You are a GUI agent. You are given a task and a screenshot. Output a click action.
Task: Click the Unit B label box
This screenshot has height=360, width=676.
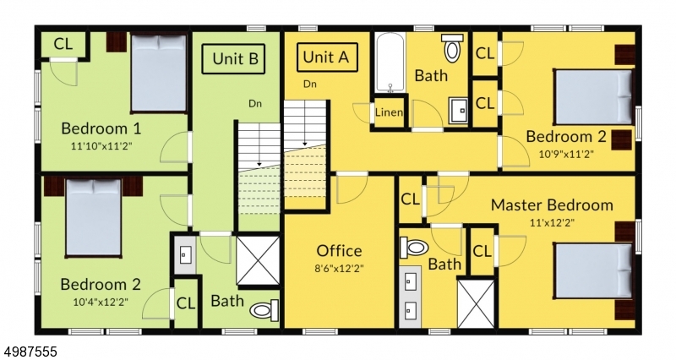(234, 58)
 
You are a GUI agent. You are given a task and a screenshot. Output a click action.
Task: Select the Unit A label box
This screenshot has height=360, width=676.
(327, 57)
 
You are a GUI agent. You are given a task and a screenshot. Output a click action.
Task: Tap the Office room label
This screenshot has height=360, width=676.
(339, 250)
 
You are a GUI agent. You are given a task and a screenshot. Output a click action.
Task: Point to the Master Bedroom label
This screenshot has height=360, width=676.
(552, 205)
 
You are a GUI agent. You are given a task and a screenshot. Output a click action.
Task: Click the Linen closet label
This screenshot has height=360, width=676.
(389, 112)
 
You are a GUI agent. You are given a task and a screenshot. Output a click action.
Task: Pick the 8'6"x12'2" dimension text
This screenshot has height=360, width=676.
(339, 268)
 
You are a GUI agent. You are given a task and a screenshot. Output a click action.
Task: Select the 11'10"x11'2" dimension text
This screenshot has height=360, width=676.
(101, 145)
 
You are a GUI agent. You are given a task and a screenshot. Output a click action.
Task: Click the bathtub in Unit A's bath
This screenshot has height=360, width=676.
(390, 63)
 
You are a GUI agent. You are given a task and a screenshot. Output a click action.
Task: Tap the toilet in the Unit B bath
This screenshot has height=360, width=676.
(264, 310)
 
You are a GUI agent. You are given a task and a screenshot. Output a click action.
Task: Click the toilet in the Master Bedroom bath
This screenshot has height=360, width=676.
(414, 248)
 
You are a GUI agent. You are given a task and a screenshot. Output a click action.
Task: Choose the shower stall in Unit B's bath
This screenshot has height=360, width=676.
(259, 260)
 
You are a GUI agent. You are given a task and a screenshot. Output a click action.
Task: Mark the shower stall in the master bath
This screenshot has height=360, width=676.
(476, 303)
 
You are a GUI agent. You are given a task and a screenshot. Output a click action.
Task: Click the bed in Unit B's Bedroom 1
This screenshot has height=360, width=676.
(159, 74)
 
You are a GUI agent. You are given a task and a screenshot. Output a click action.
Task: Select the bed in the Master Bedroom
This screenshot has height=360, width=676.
(594, 270)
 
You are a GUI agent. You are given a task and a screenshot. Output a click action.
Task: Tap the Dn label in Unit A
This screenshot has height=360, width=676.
(309, 84)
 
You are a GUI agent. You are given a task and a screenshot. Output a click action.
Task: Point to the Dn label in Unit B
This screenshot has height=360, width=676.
(255, 103)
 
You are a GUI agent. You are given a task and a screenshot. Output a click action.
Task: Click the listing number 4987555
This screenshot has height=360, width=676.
(29, 352)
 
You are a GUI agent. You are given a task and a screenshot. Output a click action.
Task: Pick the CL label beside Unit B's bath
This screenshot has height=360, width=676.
(186, 303)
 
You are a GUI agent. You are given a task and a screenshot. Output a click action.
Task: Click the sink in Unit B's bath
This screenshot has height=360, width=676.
(185, 255)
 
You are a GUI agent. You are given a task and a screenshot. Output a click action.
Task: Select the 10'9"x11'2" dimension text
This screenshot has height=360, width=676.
(566, 154)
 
